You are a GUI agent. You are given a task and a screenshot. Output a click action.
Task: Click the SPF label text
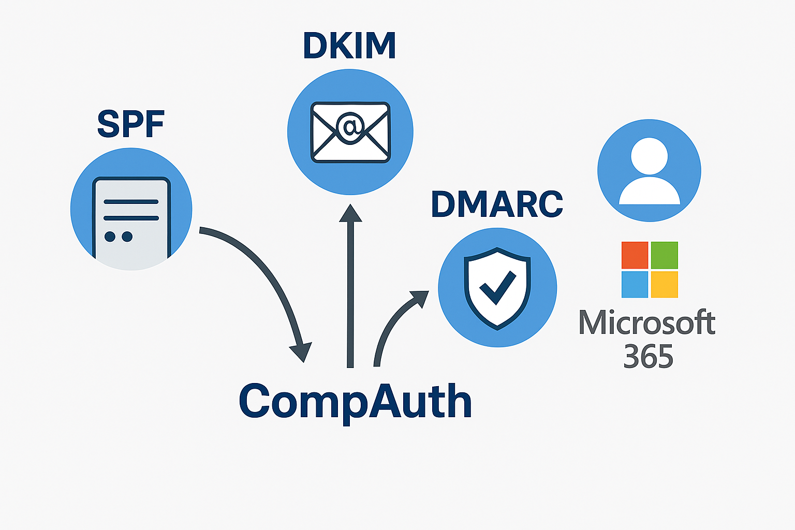(130, 124)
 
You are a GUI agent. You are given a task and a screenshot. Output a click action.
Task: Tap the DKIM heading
(349, 46)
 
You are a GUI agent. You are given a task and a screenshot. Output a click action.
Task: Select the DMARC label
(497, 204)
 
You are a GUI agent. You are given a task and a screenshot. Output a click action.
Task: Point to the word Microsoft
(647, 323)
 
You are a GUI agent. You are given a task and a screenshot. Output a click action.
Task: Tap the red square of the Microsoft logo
(635, 255)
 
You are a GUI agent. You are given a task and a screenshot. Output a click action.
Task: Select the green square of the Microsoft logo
(665, 255)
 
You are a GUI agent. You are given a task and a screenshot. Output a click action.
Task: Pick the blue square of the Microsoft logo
(635, 284)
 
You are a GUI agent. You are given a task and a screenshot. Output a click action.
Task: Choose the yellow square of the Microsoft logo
(665, 284)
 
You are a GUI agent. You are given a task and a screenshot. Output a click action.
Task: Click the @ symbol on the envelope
(350, 126)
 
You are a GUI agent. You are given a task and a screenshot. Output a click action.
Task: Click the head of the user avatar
(650, 156)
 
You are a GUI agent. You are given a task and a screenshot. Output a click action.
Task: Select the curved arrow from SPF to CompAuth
(269, 274)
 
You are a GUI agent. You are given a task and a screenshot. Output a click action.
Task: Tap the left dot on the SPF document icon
(110, 237)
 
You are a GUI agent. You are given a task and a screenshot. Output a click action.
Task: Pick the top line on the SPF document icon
(131, 201)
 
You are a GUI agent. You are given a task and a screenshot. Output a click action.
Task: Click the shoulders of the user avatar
(650, 192)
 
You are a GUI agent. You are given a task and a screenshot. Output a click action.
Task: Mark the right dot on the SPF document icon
(127, 237)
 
